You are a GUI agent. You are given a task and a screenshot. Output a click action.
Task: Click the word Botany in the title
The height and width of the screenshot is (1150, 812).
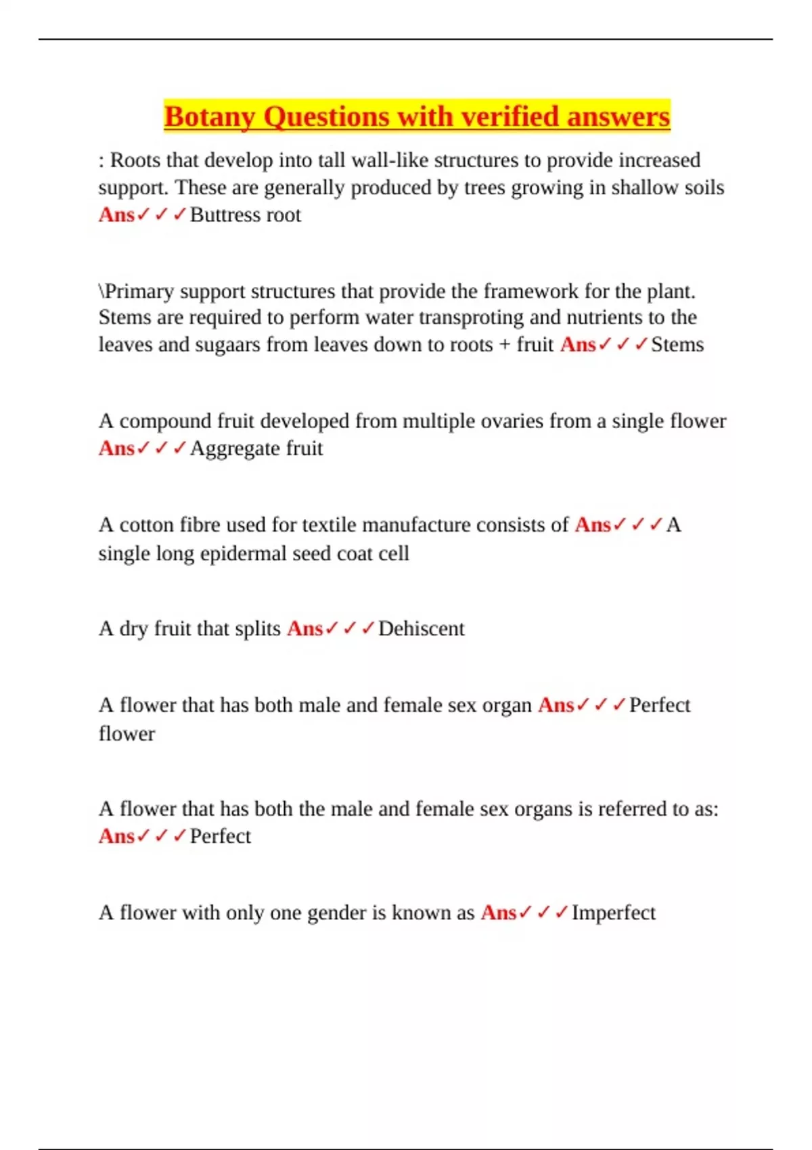[x=209, y=117]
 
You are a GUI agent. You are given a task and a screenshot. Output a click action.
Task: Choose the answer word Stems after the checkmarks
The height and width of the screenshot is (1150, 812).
[x=677, y=345]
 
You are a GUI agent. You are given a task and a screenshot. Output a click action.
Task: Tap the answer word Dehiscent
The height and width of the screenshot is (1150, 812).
[x=422, y=629]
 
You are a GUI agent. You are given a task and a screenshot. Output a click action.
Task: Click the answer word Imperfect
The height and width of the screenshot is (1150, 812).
[x=614, y=913]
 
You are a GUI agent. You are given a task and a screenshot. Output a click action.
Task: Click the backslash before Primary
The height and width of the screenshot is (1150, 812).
[x=101, y=292]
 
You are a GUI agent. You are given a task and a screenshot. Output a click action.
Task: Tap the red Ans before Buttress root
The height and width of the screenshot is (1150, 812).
[x=116, y=215]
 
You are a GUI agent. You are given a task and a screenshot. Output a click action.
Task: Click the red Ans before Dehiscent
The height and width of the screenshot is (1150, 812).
[x=304, y=629]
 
